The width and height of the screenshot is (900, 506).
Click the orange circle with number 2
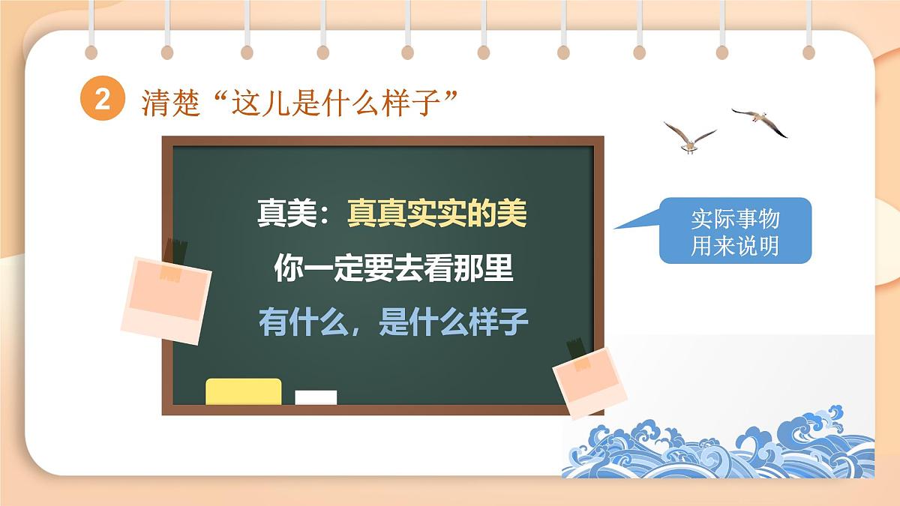coord(102,100)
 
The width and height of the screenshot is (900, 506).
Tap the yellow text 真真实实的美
coord(436,214)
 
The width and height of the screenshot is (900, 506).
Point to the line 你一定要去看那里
coord(393,268)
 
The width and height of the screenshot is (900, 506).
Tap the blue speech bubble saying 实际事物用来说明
coord(735,230)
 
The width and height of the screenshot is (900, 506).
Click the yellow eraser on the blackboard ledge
coord(243,391)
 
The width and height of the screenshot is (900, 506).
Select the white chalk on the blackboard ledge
coord(316,397)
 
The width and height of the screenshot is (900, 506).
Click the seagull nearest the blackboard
coord(688,137)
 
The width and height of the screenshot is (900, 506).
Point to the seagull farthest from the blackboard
coord(760,120)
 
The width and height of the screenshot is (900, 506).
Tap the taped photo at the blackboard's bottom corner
coord(589,381)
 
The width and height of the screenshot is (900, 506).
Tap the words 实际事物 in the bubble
coord(735,219)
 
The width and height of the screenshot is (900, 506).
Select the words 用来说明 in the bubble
coord(735,245)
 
